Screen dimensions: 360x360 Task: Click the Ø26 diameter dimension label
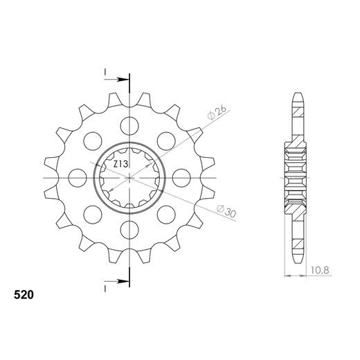click(217, 112)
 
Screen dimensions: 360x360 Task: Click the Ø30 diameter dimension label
click(226, 211)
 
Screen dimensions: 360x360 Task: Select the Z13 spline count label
click(120, 164)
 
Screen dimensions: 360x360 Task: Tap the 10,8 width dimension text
click(320, 270)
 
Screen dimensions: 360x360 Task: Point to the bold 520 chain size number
click(24, 295)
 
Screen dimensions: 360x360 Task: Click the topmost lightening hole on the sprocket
click(129, 126)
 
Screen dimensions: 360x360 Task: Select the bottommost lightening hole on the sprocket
click(129, 230)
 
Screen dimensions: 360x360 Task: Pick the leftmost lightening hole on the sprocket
click(78, 178)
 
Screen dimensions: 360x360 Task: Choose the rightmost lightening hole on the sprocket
click(181, 178)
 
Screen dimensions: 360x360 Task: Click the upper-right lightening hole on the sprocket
click(166, 141)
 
